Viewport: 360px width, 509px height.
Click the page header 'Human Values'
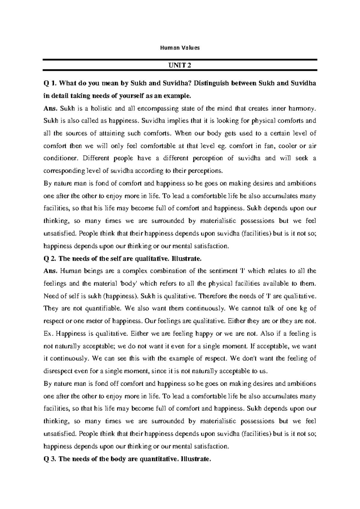pyautogui.click(x=180, y=48)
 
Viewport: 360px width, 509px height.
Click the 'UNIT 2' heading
pyautogui.click(x=180, y=65)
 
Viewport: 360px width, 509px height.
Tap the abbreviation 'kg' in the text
pyautogui.click(x=302, y=309)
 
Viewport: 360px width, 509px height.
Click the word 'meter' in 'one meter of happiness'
pyautogui.click(x=92, y=321)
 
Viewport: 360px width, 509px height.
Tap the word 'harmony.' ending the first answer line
pyautogui.click(x=304, y=108)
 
